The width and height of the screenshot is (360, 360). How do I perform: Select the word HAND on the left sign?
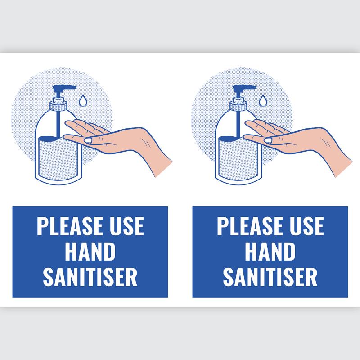point(90,252)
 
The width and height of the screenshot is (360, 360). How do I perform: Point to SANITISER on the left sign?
point(90,277)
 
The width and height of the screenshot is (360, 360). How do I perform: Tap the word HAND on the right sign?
point(270,252)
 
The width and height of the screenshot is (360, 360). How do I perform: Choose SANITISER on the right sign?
point(270,277)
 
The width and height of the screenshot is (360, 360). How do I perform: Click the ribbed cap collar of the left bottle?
point(58,107)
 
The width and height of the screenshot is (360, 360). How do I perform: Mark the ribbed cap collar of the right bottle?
point(238,107)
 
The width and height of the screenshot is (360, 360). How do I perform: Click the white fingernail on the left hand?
point(89,141)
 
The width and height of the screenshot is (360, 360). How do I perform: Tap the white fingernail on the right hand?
point(269,141)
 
